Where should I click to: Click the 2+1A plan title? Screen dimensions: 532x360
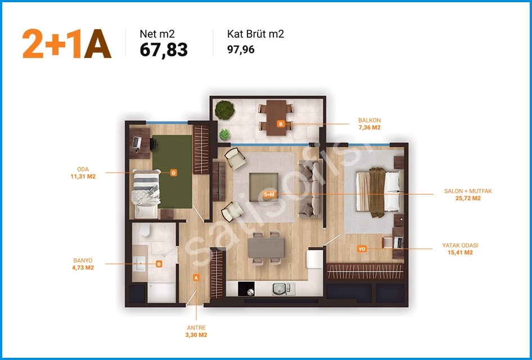67,44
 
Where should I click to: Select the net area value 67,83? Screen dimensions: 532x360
164,50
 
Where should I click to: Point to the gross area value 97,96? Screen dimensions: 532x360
241,49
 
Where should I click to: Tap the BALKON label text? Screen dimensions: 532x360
369,120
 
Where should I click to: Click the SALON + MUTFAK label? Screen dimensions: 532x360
468,191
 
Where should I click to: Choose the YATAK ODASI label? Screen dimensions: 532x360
460,245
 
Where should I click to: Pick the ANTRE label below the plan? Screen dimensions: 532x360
196,328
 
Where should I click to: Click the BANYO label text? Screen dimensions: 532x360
83,260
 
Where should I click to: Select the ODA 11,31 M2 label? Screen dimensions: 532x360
83,173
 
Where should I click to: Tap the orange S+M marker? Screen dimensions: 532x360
269,195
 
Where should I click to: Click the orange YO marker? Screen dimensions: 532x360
362,249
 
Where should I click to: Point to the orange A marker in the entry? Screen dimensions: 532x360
196,277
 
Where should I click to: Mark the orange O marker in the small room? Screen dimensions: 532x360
173,173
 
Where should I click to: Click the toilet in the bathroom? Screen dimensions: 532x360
145,229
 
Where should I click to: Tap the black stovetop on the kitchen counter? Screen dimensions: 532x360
246,289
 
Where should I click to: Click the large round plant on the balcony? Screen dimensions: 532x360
224,110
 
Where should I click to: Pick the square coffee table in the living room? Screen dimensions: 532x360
264,187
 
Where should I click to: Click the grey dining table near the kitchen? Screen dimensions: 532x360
267,247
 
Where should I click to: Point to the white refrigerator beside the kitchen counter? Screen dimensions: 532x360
315,259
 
